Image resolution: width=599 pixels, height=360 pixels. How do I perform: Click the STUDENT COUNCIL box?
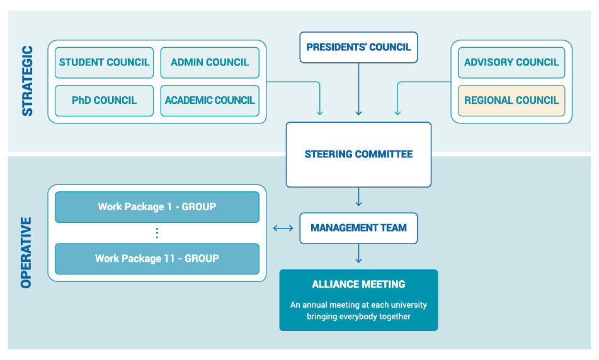(104, 63)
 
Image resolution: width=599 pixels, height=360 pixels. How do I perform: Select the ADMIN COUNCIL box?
(210, 63)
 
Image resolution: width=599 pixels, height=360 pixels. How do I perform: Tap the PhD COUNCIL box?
(104, 101)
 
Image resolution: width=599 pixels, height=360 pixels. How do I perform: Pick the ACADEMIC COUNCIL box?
(210, 101)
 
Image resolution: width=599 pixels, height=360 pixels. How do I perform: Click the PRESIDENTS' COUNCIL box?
(358, 48)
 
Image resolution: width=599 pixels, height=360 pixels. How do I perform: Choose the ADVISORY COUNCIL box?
(511, 63)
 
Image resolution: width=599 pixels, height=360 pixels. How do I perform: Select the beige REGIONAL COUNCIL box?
(511, 101)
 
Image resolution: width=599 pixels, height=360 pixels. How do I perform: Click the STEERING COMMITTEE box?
(358, 154)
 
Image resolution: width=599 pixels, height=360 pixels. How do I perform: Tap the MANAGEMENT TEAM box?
(358, 228)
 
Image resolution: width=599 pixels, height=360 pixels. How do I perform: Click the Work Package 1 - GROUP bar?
(157, 207)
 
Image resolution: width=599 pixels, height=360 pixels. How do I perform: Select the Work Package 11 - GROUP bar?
(157, 259)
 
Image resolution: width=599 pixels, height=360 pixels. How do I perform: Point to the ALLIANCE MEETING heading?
(358, 285)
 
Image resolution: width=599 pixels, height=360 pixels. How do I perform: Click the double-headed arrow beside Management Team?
(283, 228)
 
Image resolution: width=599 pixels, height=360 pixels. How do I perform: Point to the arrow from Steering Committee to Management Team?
(358, 198)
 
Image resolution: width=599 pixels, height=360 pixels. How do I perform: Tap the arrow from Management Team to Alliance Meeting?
(358, 253)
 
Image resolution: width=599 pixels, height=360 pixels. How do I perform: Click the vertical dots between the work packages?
(157, 233)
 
